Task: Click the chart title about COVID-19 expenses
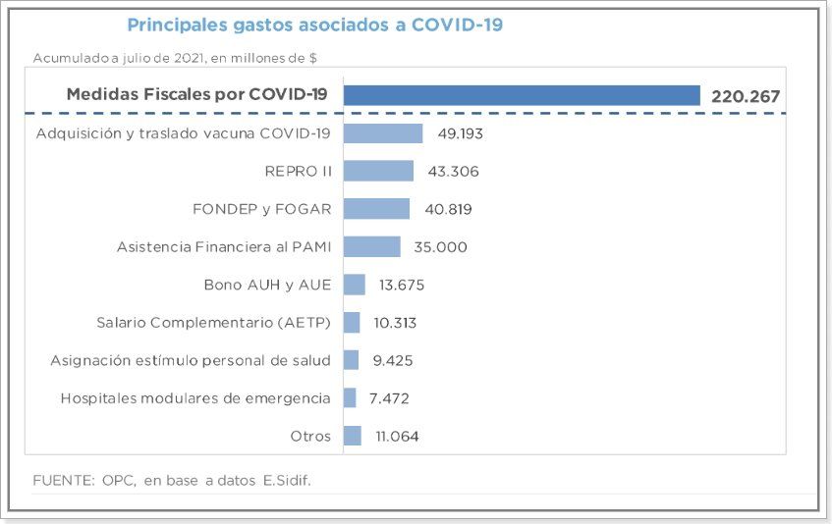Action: point(314,25)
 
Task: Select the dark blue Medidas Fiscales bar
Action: point(521,95)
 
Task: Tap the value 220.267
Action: point(745,96)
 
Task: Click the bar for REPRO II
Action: point(378,171)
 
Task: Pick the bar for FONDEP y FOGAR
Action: point(376,209)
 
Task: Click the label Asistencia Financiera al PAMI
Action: point(223,246)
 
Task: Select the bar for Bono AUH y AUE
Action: point(354,285)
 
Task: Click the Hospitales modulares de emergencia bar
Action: point(350,397)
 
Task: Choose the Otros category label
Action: point(310,436)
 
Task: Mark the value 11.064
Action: point(397,436)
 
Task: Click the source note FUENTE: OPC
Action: point(178,480)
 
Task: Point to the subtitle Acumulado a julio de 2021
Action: point(175,58)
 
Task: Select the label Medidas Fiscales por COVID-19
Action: point(197,95)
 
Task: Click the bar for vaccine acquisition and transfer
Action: point(383,133)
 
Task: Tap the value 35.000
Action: point(440,246)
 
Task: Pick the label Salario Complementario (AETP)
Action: point(213,323)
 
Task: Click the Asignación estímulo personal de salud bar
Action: point(351,360)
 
